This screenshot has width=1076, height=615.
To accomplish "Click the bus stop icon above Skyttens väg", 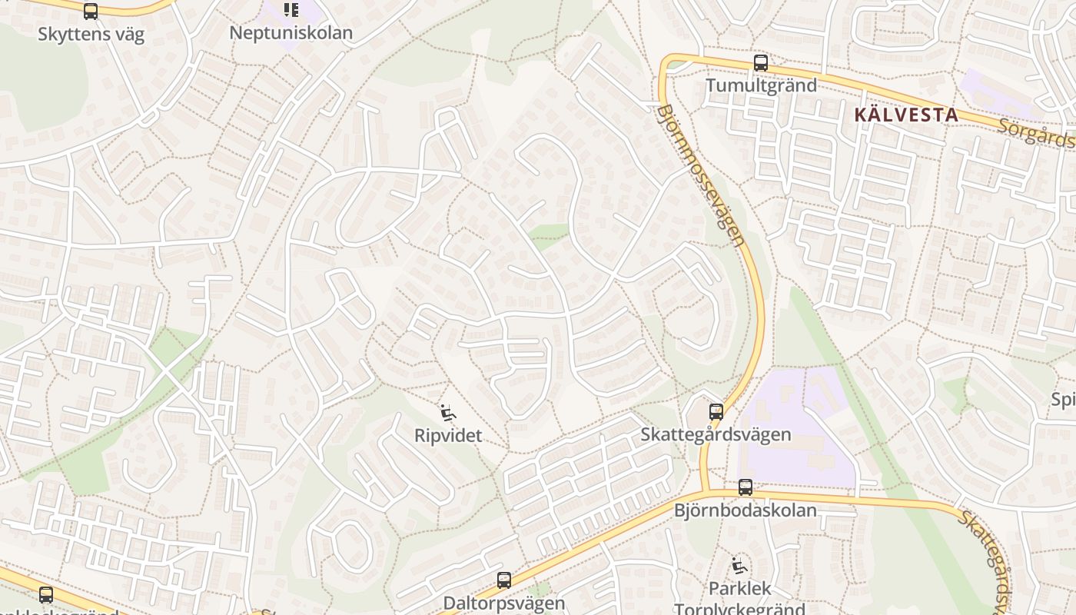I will pos(91,11).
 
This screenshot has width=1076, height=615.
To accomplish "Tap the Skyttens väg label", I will pos(91,35).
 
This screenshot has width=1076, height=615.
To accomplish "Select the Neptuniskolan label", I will pos(291,33).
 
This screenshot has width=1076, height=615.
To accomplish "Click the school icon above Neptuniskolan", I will pos(291,10).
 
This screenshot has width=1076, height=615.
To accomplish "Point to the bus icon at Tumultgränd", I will pos(761,63).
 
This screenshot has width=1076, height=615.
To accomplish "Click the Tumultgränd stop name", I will pos(761,85).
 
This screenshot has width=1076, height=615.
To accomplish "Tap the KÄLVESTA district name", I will pos(906,115).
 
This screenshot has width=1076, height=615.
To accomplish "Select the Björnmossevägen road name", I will pos(700,175).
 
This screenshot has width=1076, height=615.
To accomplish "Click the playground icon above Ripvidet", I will pos(447,413).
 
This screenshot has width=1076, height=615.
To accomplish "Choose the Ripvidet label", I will pos(448,436).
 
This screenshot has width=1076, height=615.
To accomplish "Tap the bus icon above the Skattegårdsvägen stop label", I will pos(716,412).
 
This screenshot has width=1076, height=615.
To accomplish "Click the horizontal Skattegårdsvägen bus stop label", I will pos(716,434).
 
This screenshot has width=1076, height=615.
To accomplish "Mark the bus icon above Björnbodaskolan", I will pos(746,487).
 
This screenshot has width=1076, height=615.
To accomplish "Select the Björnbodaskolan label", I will pos(745,510).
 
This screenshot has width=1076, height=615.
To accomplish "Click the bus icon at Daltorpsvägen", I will pos(504,580).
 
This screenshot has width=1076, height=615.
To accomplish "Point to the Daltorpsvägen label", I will pos(503,603).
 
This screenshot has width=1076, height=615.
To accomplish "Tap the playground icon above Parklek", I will pos(739,567).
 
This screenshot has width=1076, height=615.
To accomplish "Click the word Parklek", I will pos(739,589).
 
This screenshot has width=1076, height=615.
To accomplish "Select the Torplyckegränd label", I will pos(739,609).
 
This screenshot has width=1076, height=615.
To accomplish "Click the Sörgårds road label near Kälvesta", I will pos(1035,131).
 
